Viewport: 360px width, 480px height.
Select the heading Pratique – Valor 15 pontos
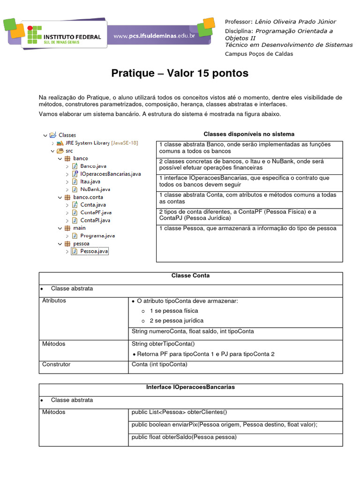point(180,74)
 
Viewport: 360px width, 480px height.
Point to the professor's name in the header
point(295,22)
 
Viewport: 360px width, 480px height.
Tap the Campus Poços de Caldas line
point(259,54)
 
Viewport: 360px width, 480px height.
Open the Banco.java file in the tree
point(93,166)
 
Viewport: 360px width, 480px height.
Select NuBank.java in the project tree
point(95,189)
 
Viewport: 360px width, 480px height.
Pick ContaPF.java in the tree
point(95,212)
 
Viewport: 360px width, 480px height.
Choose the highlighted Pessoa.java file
point(94,251)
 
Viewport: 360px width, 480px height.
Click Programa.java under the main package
point(97,236)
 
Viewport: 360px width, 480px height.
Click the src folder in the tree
point(69,151)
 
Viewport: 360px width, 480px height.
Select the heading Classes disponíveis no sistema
point(249,134)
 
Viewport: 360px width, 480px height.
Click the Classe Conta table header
point(190,276)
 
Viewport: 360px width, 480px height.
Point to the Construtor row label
point(56,364)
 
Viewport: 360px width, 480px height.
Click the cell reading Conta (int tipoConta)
point(159,364)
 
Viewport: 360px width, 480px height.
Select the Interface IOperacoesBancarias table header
point(190,387)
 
